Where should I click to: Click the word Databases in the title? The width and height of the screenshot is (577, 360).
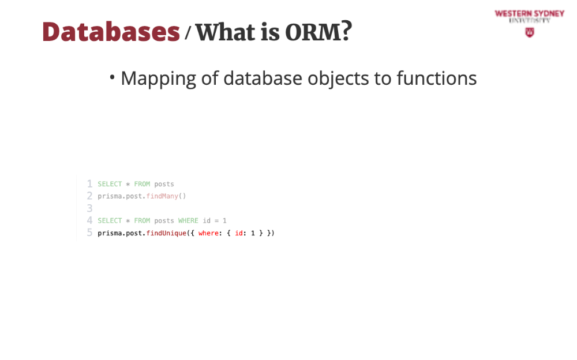[x=111, y=32]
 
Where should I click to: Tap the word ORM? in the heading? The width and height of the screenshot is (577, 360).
[x=319, y=32]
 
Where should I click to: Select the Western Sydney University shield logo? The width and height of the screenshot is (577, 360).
[x=530, y=32]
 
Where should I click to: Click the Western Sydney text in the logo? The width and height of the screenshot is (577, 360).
[x=530, y=14]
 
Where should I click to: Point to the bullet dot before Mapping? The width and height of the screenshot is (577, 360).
[x=113, y=77]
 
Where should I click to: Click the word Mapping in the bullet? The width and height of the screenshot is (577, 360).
[x=158, y=79]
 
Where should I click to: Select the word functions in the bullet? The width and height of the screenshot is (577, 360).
[x=436, y=78]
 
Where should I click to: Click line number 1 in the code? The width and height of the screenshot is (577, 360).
[x=89, y=183]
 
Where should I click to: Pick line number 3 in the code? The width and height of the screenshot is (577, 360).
[x=89, y=208]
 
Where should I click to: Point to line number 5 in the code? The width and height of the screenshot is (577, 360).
[x=89, y=232]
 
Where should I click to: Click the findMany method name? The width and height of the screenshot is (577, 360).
[x=162, y=196]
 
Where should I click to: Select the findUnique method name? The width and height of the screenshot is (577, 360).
[x=166, y=233]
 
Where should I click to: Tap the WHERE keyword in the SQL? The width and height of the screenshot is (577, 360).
[x=188, y=220]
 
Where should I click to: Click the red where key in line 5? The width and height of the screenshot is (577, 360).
[x=208, y=233]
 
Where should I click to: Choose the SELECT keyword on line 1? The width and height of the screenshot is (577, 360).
[x=110, y=184]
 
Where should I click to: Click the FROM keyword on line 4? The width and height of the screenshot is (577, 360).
[x=142, y=220]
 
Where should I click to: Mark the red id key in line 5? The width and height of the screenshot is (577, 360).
[x=239, y=233]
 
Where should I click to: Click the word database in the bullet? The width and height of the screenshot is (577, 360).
[x=263, y=78]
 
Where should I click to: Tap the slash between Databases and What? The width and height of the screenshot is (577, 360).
[x=188, y=32]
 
